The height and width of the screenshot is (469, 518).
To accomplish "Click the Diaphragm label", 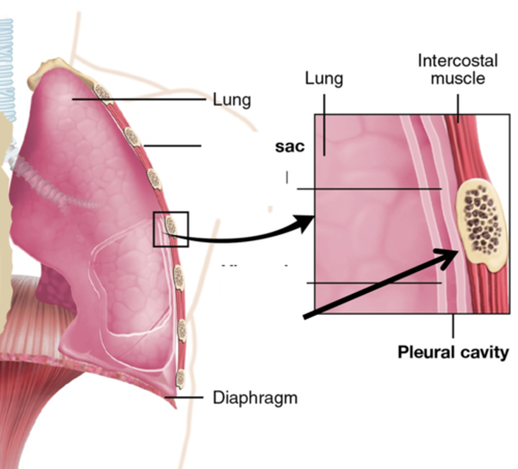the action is click(255, 398).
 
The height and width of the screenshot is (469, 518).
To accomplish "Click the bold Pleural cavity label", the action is click(453, 352).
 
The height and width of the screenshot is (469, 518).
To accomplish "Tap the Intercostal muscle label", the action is click(458, 70).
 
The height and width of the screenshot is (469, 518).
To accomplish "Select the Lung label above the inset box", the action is click(324, 79).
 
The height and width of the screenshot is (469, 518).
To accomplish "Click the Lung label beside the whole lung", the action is click(232, 100).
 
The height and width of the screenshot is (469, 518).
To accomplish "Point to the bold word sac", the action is click(290, 147).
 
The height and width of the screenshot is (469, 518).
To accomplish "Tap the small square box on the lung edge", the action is click(171, 229).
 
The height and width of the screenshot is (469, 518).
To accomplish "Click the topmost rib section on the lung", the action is click(103, 93).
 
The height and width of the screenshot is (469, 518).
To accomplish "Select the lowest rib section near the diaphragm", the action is click(180, 378).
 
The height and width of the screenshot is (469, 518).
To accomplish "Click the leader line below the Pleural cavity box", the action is click(453, 326).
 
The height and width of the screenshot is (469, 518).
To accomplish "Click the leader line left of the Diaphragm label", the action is click(184, 397).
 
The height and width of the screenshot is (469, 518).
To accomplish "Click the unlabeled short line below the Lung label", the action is click(172, 146).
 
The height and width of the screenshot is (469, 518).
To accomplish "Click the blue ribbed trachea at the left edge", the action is click(7, 70).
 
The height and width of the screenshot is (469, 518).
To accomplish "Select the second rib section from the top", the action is click(132, 137).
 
